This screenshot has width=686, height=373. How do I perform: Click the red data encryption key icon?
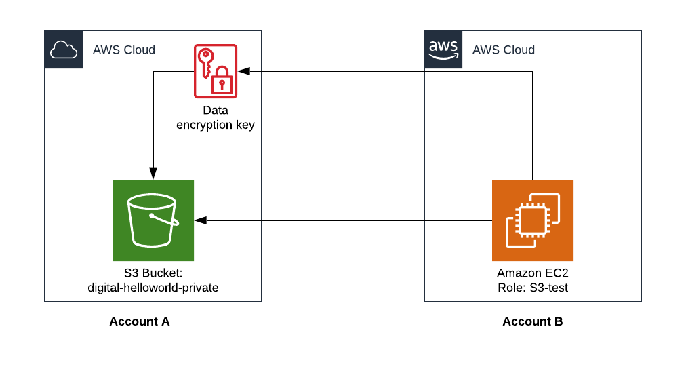click(x=216, y=71)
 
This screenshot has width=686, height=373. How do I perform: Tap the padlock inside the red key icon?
click(x=222, y=81)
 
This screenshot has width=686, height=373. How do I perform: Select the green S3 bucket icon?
click(x=153, y=220)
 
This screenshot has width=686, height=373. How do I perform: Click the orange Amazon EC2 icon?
click(x=533, y=220)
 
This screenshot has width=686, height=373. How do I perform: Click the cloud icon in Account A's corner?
click(x=64, y=50)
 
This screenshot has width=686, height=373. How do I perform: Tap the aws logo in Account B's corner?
click(x=443, y=50)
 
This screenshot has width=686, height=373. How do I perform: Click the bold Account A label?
click(x=140, y=321)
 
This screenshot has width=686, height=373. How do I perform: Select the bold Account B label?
click(x=533, y=321)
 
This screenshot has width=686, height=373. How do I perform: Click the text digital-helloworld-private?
click(x=153, y=288)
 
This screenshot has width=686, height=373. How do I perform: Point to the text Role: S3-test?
click(x=533, y=288)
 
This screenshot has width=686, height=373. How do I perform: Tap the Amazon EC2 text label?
click(x=533, y=273)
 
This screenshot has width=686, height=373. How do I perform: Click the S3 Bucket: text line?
click(x=153, y=273)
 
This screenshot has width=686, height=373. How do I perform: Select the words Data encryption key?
click(x=216, y=117)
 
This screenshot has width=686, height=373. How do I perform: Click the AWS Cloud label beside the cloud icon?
click(x=124, y=50)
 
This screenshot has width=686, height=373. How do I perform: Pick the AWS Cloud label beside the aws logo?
click(x=504, y=50)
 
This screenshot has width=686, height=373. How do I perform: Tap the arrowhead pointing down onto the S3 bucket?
click(x=153, y=174)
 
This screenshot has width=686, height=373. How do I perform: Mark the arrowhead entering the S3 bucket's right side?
click(x=200, y=220)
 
